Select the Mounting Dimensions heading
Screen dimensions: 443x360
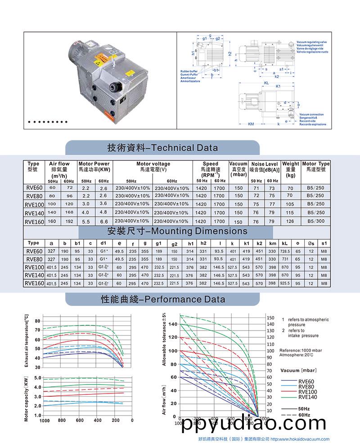pos(178,231)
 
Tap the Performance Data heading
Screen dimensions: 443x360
pos(162,299)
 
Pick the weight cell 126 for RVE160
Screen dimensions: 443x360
pos(290,221)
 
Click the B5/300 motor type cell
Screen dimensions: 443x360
pos(315,221)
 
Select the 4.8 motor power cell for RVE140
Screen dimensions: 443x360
pos(103,212)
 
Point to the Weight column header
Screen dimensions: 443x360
pos(291,169)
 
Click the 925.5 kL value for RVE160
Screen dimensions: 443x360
pos(285,283)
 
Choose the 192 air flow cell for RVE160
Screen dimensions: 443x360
pos(69,221)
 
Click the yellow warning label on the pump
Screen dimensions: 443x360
pos(100,59)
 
